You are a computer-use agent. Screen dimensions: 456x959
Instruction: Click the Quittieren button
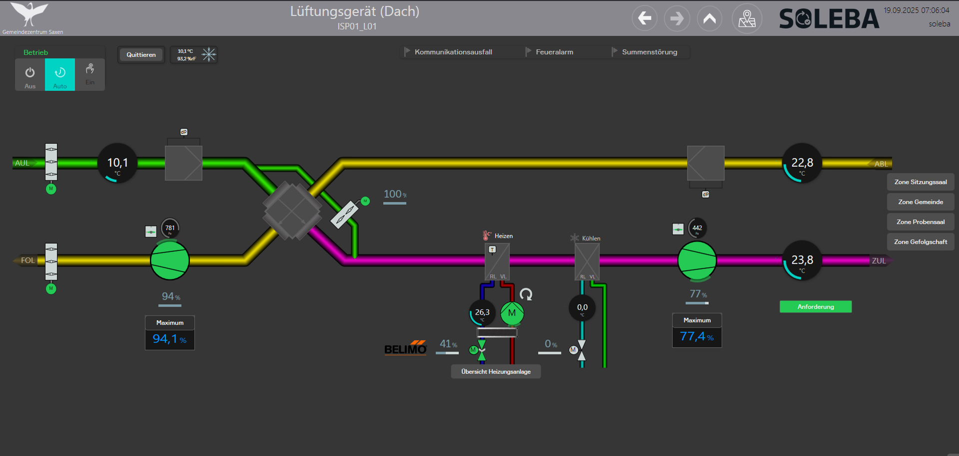tap(141, 55)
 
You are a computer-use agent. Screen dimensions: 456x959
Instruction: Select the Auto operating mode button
tap(60, 75)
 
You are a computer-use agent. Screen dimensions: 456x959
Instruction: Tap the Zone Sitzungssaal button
tap(920, 182)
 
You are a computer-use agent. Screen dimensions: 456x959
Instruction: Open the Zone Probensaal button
tap(920, 222)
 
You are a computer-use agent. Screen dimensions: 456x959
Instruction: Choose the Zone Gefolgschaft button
tap(920, 242)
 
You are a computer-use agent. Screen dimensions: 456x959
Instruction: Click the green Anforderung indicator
tap(815, 307)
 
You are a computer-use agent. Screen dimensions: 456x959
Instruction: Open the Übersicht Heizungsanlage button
tap(496, 372)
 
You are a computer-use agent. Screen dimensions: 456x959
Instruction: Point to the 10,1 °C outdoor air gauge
tap(117, 163)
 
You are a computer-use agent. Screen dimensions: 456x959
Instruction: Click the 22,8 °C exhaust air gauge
tap(802, 163)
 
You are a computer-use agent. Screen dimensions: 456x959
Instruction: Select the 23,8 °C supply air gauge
tap(802, 261)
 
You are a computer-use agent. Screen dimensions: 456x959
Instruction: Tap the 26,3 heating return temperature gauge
tap(482, 313)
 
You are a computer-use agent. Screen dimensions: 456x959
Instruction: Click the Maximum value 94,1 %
tap(169, 339)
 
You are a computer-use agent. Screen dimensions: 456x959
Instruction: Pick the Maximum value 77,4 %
tap(697, 337)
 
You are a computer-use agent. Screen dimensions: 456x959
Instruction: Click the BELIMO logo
tap(405, 348)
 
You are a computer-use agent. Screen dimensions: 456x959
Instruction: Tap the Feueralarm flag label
tap(554, 52)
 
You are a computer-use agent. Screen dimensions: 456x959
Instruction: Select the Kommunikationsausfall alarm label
tap(453, 52)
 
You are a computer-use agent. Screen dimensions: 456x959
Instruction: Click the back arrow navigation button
tap(645, 19)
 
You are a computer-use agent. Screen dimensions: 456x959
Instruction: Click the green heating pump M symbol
tap(512, 313)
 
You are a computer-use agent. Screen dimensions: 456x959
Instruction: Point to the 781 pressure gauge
tap(170, 228)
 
